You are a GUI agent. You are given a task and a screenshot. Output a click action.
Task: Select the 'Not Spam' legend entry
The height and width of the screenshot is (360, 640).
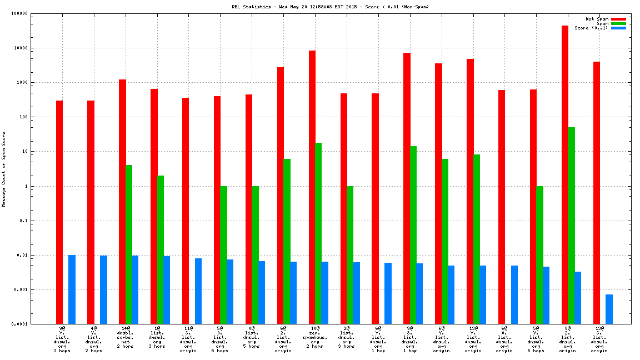click(x=597, y=19)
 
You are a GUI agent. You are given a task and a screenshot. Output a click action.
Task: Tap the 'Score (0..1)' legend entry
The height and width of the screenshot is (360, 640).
click(x=591, y=28)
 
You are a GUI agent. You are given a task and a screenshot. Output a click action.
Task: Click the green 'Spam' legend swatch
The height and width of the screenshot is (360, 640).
click(x=618, y=23)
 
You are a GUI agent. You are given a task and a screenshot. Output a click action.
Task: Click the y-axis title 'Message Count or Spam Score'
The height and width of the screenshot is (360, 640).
click(x=4, y=169)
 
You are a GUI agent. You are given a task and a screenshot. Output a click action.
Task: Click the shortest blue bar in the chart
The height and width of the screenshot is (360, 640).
click(x=609, y=309)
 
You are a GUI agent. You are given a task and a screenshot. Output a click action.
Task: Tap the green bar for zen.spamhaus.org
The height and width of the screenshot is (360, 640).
click(x=318, y=233)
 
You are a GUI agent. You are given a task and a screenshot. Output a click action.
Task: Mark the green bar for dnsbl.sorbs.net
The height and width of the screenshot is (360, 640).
click(x=129, y=244)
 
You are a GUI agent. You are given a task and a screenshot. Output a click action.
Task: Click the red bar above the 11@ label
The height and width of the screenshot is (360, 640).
click(x=186, y=211)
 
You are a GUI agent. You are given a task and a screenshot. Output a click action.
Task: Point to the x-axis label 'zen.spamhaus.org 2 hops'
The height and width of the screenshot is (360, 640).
click(x=314, y=339)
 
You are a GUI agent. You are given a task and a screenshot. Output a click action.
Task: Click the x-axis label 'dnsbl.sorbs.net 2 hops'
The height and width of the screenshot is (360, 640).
click(x=125, y=339)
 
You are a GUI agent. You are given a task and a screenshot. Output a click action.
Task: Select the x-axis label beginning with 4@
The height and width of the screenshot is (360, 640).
click(x=93, y=339)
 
